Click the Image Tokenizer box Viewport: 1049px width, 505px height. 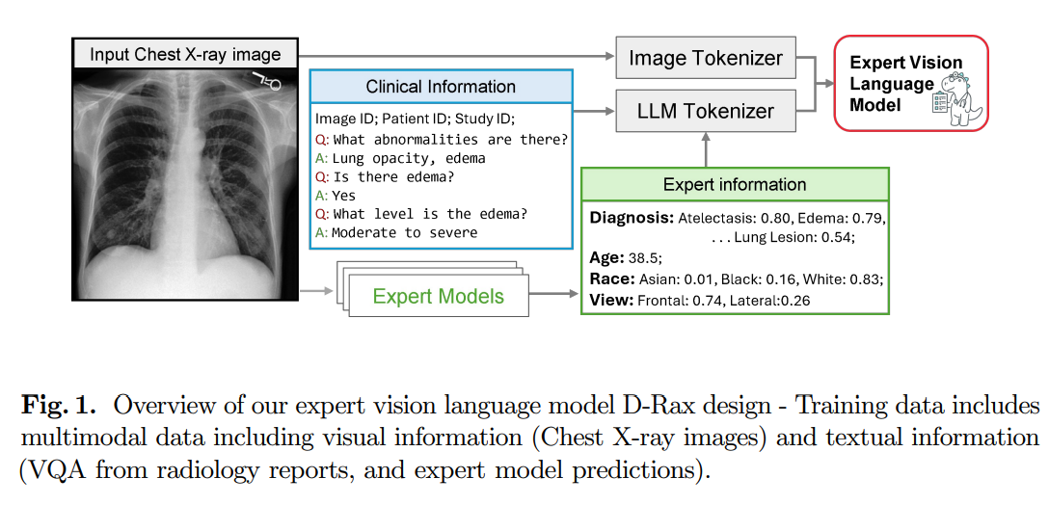pyautogui.click(x=706, y=58)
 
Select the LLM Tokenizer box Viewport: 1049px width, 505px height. pyautogui.click(x=706, y=111)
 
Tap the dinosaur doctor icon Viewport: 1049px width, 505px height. pyautogui.click(x=957, y=99)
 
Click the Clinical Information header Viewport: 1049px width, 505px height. pyautogui.click(x=441, y=87)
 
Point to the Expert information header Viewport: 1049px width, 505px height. pyautogui.click(x=735, y=185)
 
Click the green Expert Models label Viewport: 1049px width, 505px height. pyautogui.click(x=438, y=296)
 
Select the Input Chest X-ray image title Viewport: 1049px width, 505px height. pyautogui.click(x=185, y=54)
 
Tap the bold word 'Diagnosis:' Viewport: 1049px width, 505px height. pyautogui.click(x=632, y=218)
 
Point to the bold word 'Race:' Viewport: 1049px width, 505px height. pyautogui.click(x=612, y=279)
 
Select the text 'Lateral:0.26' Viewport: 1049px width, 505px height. pyautogui.click(x=769, y=301)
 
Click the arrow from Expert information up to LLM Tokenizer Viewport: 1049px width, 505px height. pyautogui.click(x=706, y=149)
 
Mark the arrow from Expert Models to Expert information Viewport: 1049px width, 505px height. pyautogui.click(x=554, y=294)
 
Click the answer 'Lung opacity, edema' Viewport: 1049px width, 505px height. pyautogui.click(x=409, y=158)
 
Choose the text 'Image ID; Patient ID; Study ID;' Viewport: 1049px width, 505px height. pyautogui.click(x=415, y=120)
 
